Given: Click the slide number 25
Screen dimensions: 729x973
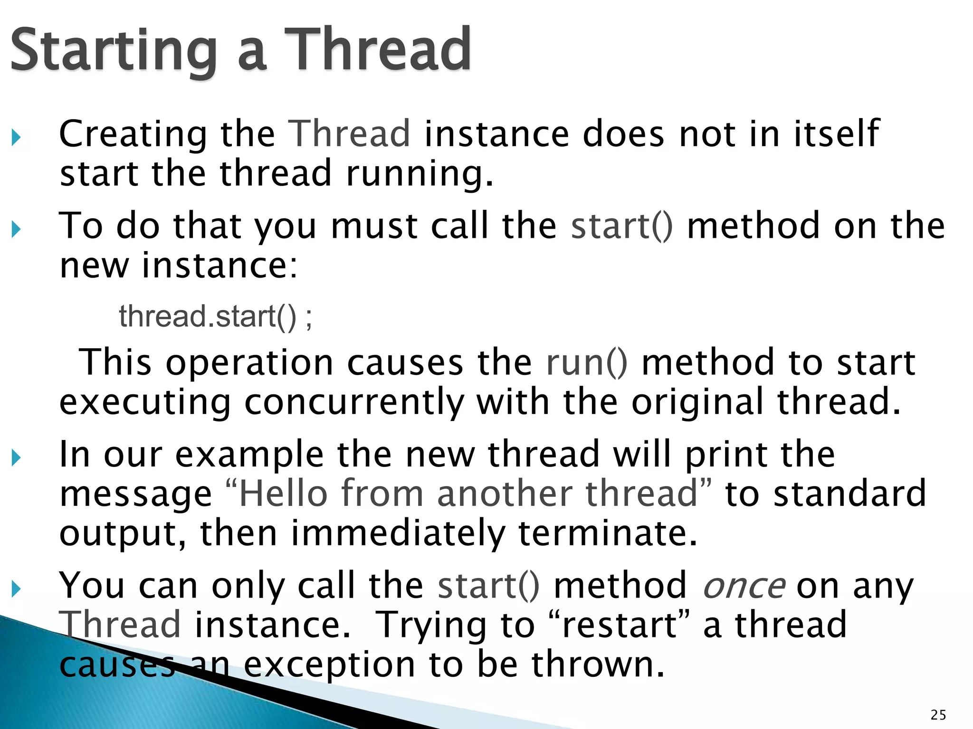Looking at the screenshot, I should pyautogui.click(x=938, y=715).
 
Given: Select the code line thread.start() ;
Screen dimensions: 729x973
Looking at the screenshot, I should pyautogui.click(x=215, y=316).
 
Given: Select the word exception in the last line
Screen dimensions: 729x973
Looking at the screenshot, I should pyautogui.click(x=329, y=664).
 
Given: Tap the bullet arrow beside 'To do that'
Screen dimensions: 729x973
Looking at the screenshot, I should pyautogui.click(x=17, y=230).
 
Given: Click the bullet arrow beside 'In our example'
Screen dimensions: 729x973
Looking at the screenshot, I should pyautogui.click(x=17, y=458).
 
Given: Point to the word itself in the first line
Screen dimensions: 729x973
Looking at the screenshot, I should pyautogui.click(x=837, y=134).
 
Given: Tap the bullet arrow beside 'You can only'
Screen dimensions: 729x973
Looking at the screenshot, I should pyautogui.click(x=17, y=589).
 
